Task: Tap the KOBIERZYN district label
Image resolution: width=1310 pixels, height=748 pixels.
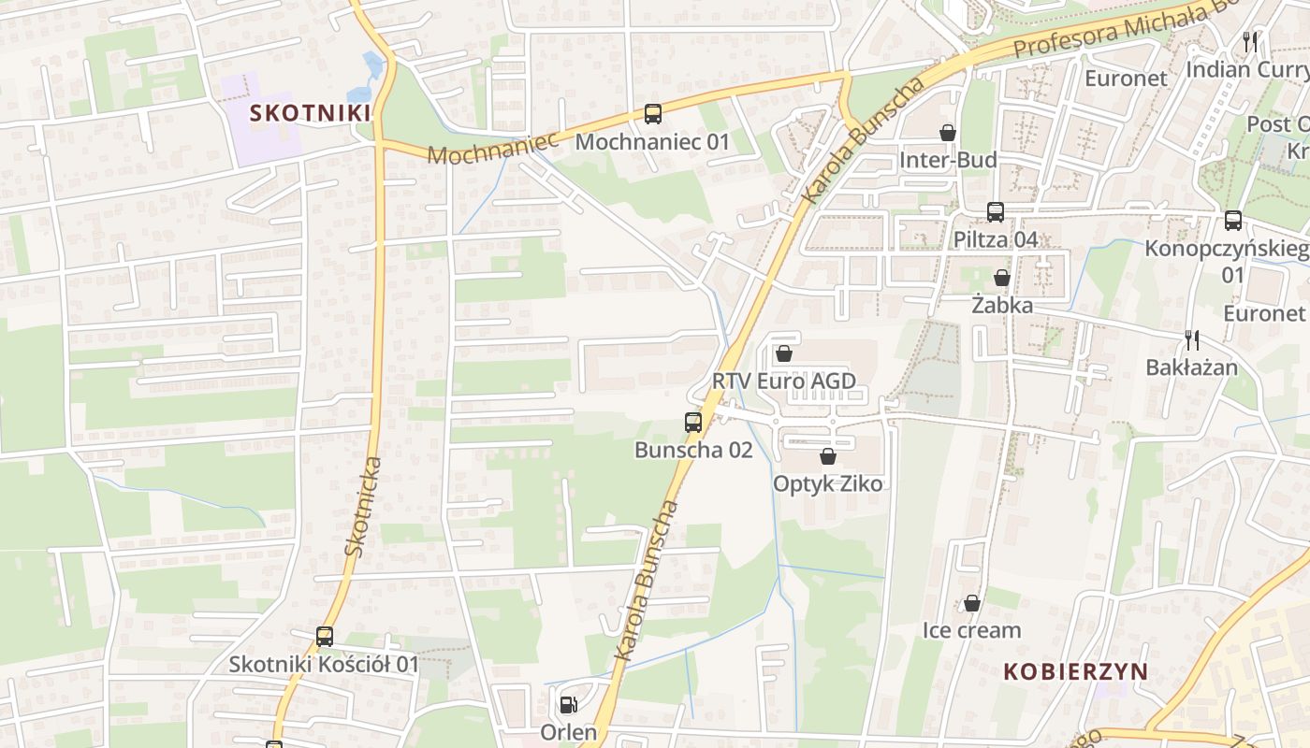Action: click(1075, 671)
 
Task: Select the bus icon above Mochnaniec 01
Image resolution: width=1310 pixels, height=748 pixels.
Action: click(653, 115)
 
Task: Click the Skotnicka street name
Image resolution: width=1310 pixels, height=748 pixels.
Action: click(363, 507)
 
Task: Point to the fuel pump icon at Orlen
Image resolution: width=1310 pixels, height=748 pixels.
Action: click(568, 705)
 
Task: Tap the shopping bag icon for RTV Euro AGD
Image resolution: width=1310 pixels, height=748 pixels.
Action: click(784, 353)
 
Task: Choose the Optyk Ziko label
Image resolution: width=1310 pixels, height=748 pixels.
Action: click(827, 483)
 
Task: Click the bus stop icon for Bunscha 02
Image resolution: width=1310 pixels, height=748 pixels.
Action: click(693, 423)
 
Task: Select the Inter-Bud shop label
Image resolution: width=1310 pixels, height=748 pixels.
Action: click(948, 160)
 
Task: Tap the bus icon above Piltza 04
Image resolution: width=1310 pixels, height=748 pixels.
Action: click(996, 212)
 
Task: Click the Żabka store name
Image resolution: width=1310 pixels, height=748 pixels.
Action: click(1001, 306)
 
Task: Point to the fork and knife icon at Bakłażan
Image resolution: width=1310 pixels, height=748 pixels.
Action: click(1191, 339)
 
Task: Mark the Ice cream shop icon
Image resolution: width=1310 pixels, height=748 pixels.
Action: click(972, 604)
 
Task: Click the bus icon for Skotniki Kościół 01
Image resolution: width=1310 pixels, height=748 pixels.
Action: click(325, 637)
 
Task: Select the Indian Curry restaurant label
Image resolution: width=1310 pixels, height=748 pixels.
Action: click(1247, 69)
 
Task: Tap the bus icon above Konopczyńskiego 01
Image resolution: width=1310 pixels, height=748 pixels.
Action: click(1233, 222)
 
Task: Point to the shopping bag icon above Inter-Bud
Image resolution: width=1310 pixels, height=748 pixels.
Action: click(948, 133)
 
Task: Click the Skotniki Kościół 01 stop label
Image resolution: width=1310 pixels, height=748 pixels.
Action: click(324, 665)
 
